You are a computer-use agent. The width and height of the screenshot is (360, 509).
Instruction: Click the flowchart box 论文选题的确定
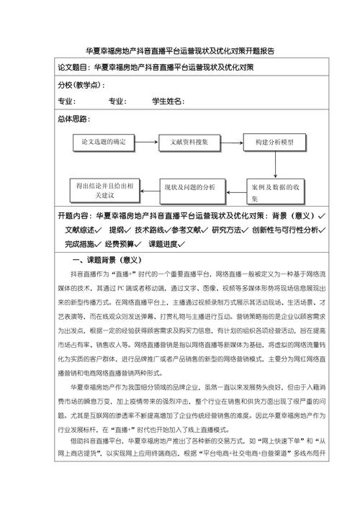[x=103, y=143]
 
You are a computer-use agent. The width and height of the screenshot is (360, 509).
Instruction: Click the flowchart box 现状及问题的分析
[x=189, y=188]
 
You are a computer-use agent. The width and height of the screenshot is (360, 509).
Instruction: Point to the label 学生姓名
[x=167, y=102]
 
